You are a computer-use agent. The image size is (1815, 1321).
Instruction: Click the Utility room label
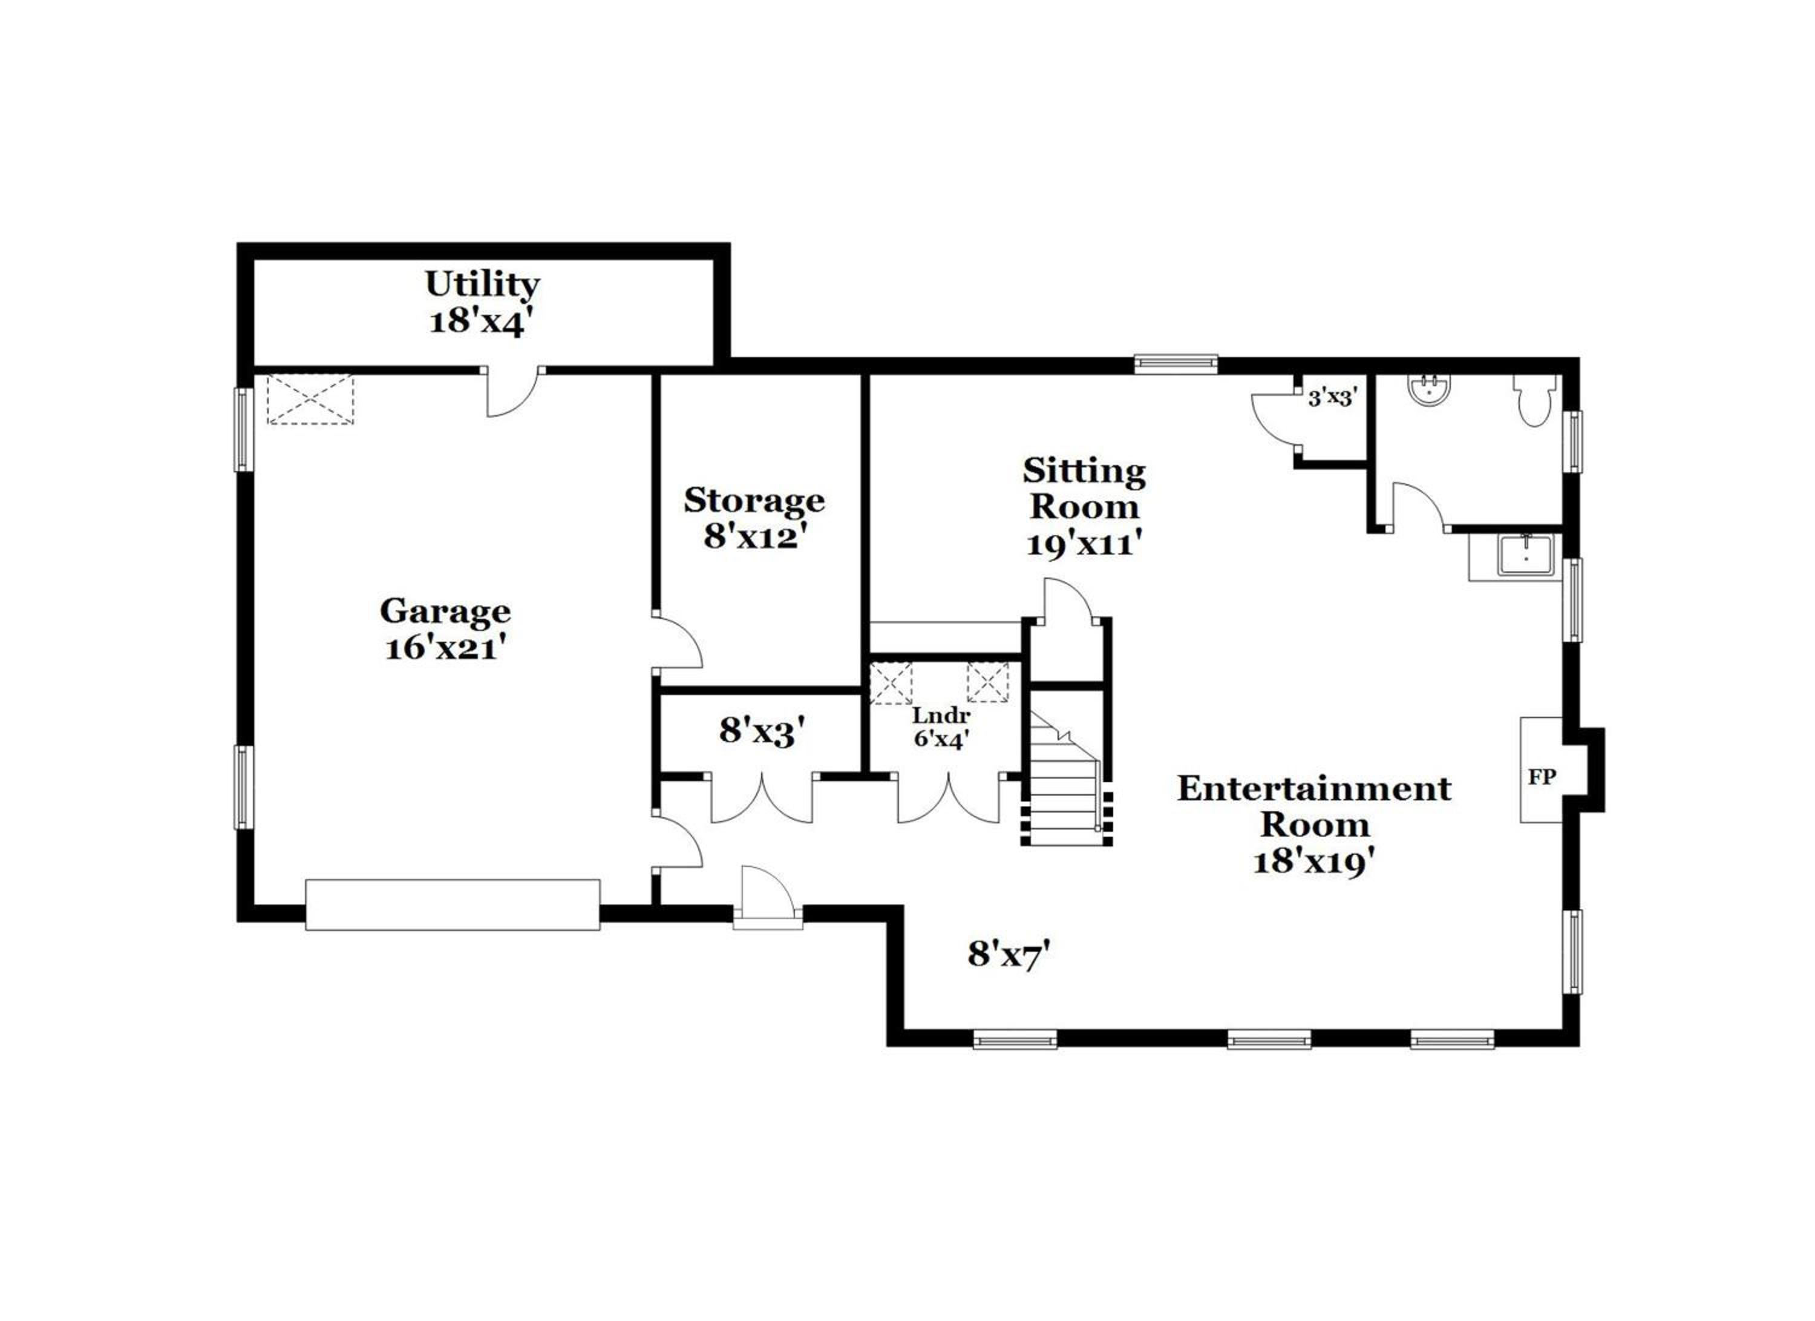pyautogui.click(x=482, y=283)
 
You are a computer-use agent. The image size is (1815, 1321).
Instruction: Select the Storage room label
pyautogui.click(x=754, y=501)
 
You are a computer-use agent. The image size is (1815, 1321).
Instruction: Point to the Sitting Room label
pyautogui.click(x=1084, y=489)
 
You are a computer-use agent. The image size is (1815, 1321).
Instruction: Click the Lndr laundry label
pyautogui.click(x=941, y=715)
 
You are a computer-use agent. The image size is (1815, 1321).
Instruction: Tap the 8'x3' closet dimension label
pyautogui.click(x=761, y=731)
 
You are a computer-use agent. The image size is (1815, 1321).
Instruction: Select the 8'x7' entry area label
pyautogui.click(x=1009, y=954)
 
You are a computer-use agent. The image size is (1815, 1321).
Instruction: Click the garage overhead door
pyautogui.click(x=453, y=904)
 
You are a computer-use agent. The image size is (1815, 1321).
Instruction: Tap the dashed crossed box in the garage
pyautogui.click(x=310, y=399)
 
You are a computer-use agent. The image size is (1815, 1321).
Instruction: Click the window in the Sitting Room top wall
pyautogui.click(x=1176, y=364)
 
